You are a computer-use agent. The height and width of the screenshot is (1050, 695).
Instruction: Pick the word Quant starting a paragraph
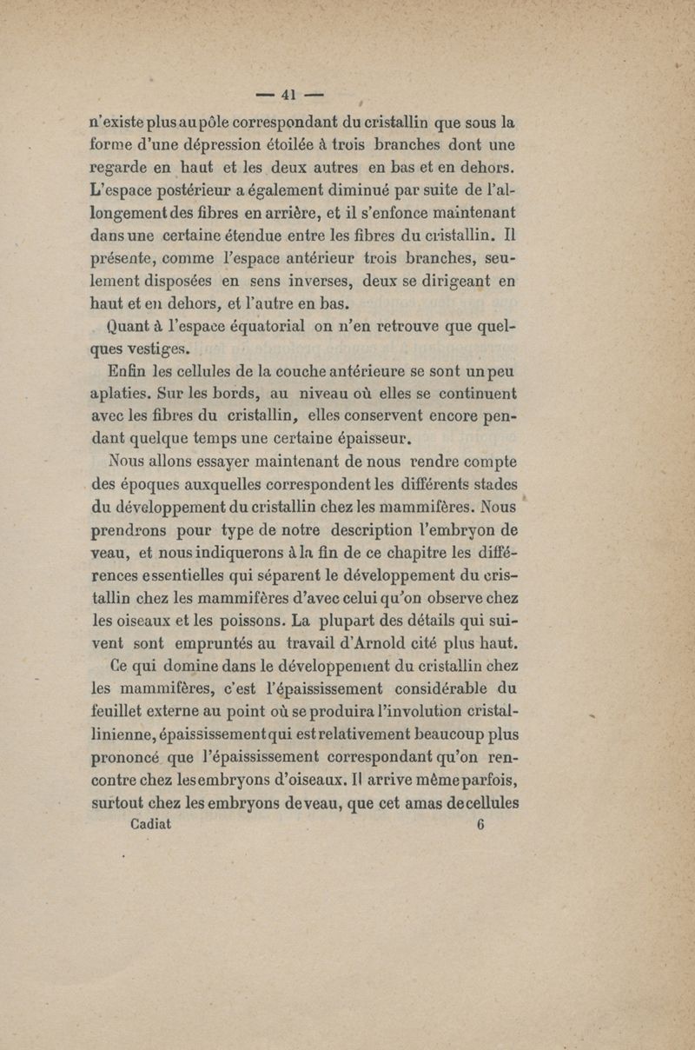click(134, 329)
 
